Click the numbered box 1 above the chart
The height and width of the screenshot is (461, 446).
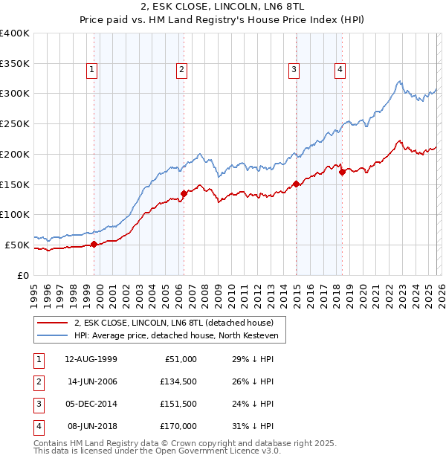pyautogui.click(x=91, y=70)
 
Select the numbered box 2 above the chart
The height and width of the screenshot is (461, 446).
pyautogui.click(x=181, y=70)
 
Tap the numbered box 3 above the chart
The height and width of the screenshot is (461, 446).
pyautogui.click(x=294, y=70)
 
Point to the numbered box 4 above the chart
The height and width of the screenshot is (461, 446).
pyautogui.click(x=340, y=70)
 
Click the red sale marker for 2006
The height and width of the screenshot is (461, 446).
pyautogui.click(x=184, y=193)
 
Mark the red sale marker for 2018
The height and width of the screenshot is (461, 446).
pyautogui.click(x=342, y=172)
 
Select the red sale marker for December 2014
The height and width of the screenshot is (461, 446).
pyautogui.click(x=296, y=183)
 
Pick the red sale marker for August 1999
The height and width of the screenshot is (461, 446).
pyautogui.click(x=94, y=244)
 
